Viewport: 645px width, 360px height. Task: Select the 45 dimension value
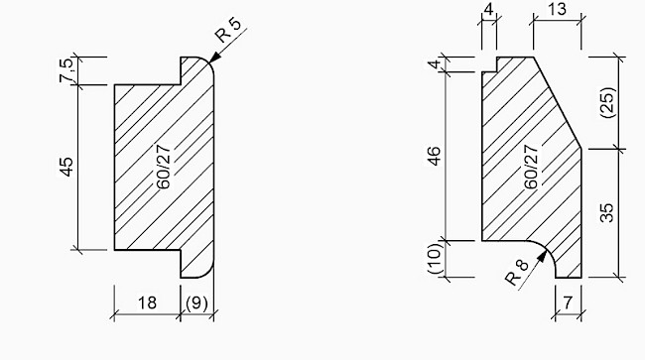[x=66, y=167]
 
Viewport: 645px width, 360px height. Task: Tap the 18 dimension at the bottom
[x=147, y=302]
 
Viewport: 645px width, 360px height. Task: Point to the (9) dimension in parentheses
[x=197, y=303]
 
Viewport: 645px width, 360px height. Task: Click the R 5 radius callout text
[x=228, y=30]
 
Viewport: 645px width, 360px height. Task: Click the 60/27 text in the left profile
[x=164, y=167]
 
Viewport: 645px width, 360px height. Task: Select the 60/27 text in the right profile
[x=531, y=167]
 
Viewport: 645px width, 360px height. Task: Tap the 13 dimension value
[x=558, y=9]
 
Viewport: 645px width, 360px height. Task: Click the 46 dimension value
[x=434, y=156]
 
